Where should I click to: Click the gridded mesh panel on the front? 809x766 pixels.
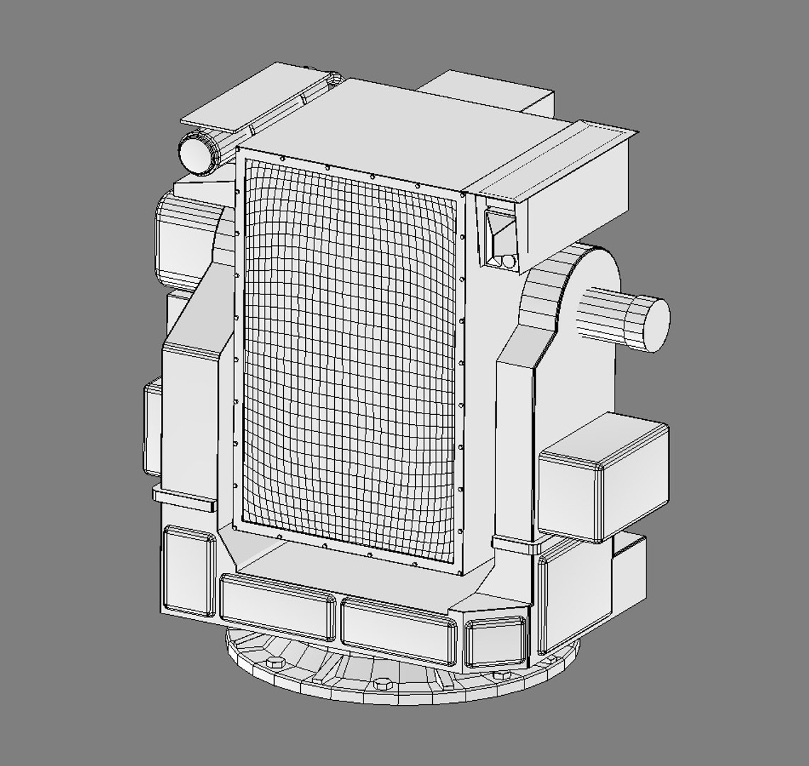348,355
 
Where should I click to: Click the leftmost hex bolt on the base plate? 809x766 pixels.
275,662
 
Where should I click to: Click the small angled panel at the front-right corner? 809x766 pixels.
495,642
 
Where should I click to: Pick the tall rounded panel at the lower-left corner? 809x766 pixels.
188,571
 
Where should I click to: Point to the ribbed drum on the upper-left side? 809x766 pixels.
181,234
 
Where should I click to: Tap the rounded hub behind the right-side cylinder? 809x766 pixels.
575,284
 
